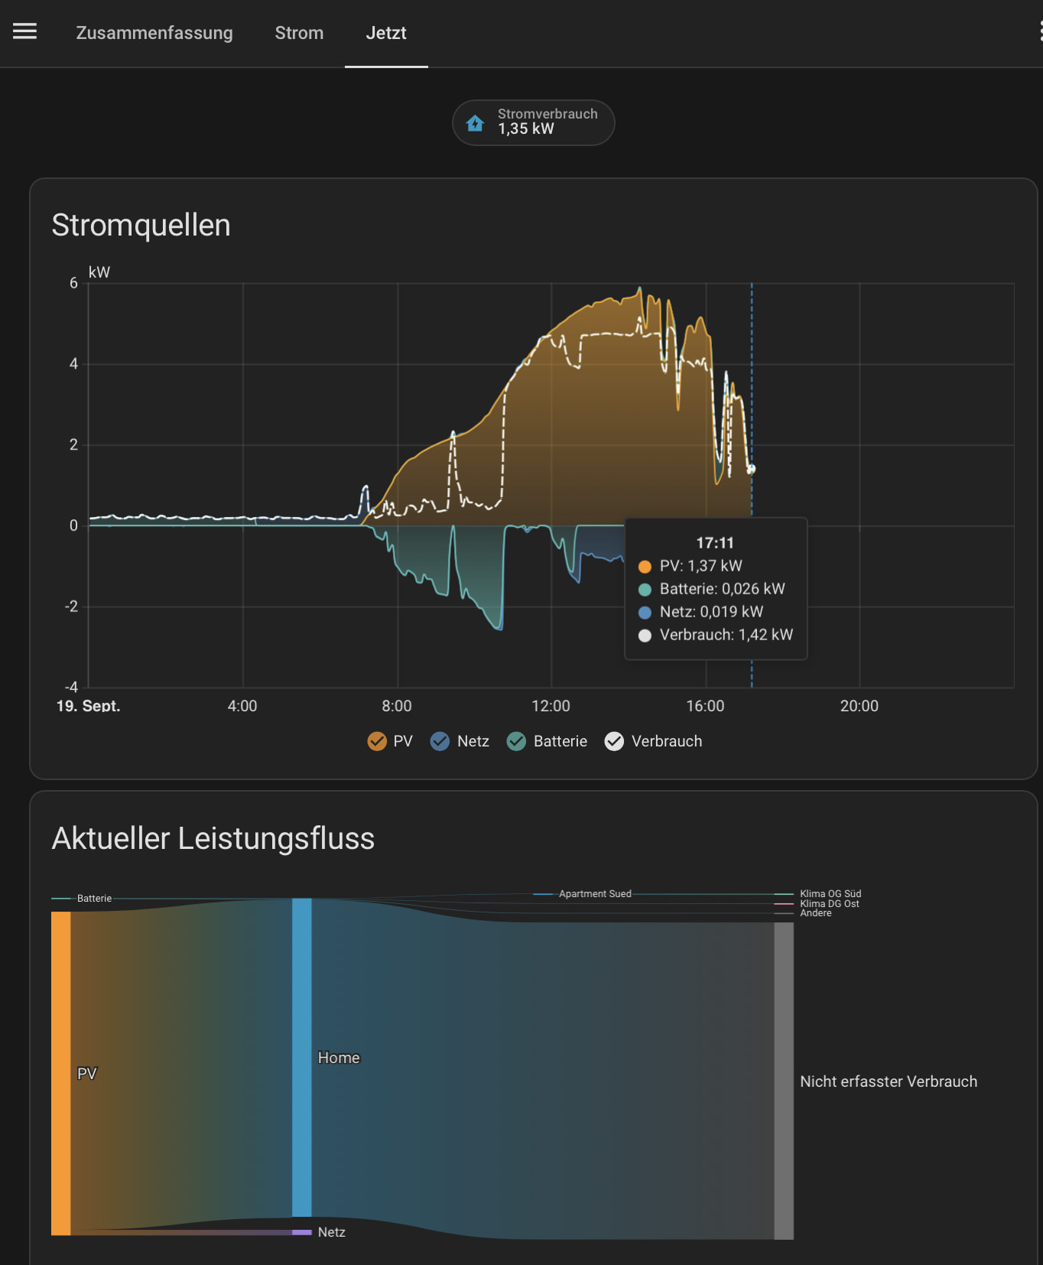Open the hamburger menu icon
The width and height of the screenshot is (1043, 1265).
24,31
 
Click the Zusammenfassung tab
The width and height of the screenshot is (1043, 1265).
154,33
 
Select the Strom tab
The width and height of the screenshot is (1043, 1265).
299,33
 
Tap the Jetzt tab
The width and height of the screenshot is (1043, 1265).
386,33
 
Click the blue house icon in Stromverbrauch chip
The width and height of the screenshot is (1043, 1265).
475,122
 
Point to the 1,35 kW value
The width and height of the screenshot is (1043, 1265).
526,129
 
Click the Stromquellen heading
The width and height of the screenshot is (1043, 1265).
141,226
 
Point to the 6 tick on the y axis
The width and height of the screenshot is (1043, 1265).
73,283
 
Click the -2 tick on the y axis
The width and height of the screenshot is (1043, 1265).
71,606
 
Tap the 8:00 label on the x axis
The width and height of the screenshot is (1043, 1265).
397,706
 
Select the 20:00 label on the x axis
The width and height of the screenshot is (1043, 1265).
859,706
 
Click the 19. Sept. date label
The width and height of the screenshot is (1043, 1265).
88,706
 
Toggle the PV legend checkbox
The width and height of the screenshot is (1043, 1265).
377,741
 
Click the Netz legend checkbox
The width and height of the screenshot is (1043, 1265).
440,741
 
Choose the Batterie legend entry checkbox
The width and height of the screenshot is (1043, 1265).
516,741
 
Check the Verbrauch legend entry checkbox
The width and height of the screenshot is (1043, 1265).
614,741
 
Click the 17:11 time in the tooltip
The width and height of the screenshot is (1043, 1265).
715,543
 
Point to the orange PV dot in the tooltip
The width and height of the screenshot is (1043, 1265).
645,567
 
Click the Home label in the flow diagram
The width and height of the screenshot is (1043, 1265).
339,1058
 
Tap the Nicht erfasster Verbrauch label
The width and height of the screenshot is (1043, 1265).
889,1081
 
